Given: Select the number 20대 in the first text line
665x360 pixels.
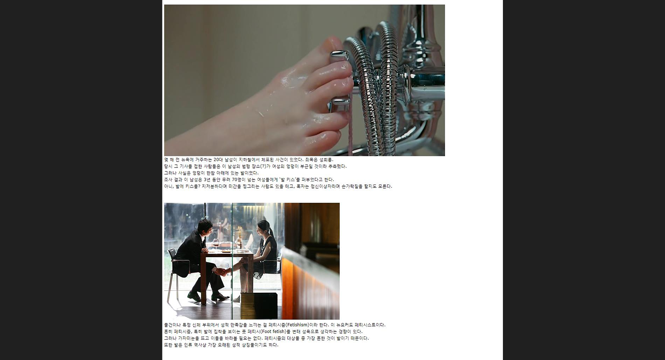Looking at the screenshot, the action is point(218,160).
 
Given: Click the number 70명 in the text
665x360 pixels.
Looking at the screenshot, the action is point(237,180).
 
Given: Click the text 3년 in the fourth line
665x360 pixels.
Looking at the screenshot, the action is point(207,180).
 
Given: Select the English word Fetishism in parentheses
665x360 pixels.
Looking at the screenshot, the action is point(297,325).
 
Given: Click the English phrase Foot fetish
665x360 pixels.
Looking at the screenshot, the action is point(273,332).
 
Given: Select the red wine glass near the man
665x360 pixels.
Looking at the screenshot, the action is point(216,243).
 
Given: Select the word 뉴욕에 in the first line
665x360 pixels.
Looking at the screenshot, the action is point(187,160).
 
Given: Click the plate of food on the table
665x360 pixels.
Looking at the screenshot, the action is point(227,251).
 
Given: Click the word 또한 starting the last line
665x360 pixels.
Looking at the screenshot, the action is point(168,345).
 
